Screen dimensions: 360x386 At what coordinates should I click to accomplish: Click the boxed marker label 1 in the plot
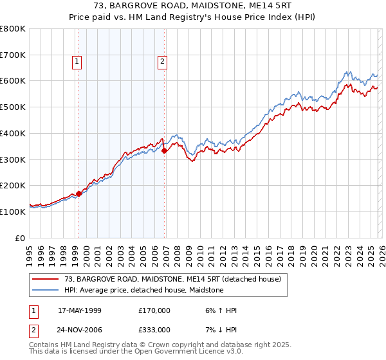77,62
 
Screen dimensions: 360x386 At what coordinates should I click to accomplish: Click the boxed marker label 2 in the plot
161,62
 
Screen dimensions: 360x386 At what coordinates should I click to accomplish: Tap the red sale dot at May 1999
78,193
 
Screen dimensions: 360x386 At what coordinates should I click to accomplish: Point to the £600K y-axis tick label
13,81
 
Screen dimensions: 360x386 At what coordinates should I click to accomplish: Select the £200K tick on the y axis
13,185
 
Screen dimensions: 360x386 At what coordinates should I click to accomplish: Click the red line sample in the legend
46,280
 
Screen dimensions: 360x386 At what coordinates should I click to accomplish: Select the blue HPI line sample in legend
46,291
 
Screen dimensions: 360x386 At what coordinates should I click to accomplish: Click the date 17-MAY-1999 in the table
80,310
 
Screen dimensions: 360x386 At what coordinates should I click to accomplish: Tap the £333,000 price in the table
154,329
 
